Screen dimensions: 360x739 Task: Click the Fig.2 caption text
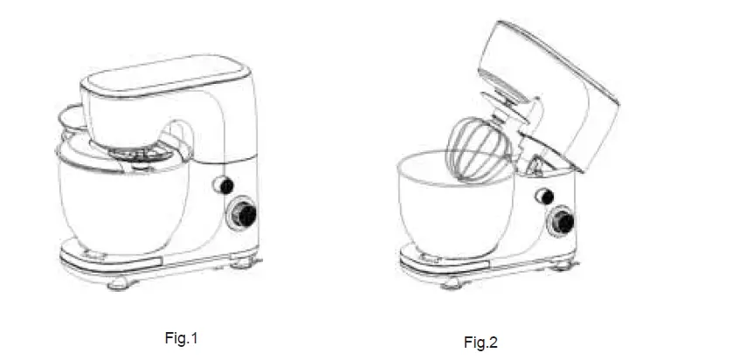tap(480, 342)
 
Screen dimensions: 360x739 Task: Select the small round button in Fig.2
tap(544, 196)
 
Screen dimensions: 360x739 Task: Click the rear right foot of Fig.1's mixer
tap(244, 260)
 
